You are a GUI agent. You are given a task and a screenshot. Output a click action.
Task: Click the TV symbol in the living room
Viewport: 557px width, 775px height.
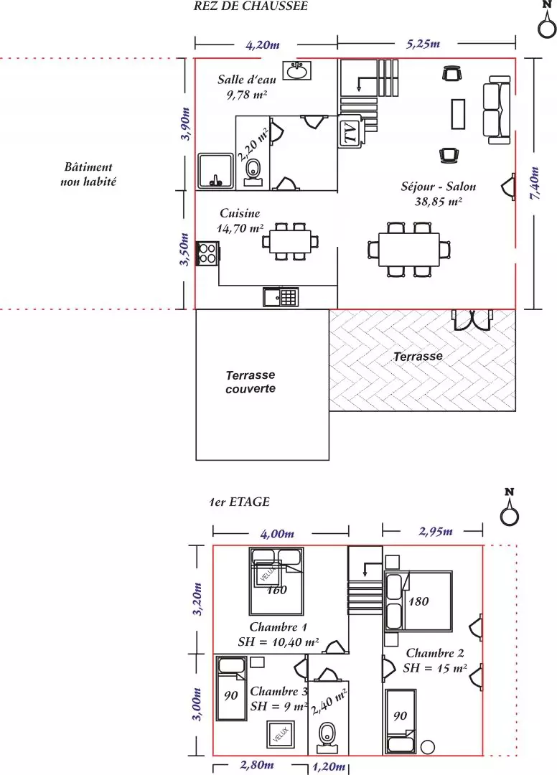pyautogui.click(x=350, y=132)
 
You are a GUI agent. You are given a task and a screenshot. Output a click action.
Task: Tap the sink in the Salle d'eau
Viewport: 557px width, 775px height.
pyautogui.click(x=297, y=70)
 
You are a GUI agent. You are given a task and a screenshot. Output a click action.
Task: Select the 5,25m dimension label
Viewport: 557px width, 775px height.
pyautogui.click(x=423, y=44)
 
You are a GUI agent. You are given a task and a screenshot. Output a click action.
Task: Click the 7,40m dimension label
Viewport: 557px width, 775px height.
pyautogui.click(x=535, y=184)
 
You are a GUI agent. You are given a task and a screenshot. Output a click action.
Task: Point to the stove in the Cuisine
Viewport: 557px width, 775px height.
pyautogui.click(x=207, y=253)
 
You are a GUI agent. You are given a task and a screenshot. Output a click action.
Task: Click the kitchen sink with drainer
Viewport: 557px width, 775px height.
pyautogui.click(x=280, y=296)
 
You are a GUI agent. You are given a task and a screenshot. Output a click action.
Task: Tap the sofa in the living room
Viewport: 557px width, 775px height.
pyautogui.click(x=497, y=110)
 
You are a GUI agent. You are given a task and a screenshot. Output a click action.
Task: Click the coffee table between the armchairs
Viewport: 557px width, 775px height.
pyautogui.click(x=458, y=113)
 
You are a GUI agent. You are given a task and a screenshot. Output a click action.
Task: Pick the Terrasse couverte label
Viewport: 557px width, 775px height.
pyautogui.click(x=251, y=382)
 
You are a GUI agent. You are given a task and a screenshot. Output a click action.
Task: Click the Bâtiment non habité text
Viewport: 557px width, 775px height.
pyautogui.click(x=88, y=174)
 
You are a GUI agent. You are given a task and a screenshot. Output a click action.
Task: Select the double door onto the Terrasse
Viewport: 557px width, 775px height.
pyautogui.click(x=473, y=320)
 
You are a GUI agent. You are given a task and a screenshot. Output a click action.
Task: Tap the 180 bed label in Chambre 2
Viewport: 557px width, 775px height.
pyautogui.click(x=418, y=601)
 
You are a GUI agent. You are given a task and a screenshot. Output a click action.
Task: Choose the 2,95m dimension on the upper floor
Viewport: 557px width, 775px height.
pyautogui.click(x=436, y=531)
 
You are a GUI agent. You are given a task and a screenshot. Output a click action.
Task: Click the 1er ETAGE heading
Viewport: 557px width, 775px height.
pyautogui.click(x=239, y=502)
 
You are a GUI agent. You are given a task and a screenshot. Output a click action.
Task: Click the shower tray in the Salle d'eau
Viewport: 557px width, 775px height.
pyautogui.click(x=215, y=171)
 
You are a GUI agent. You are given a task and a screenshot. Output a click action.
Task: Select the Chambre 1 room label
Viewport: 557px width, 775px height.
pyautogui.click(x=278, y=626)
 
